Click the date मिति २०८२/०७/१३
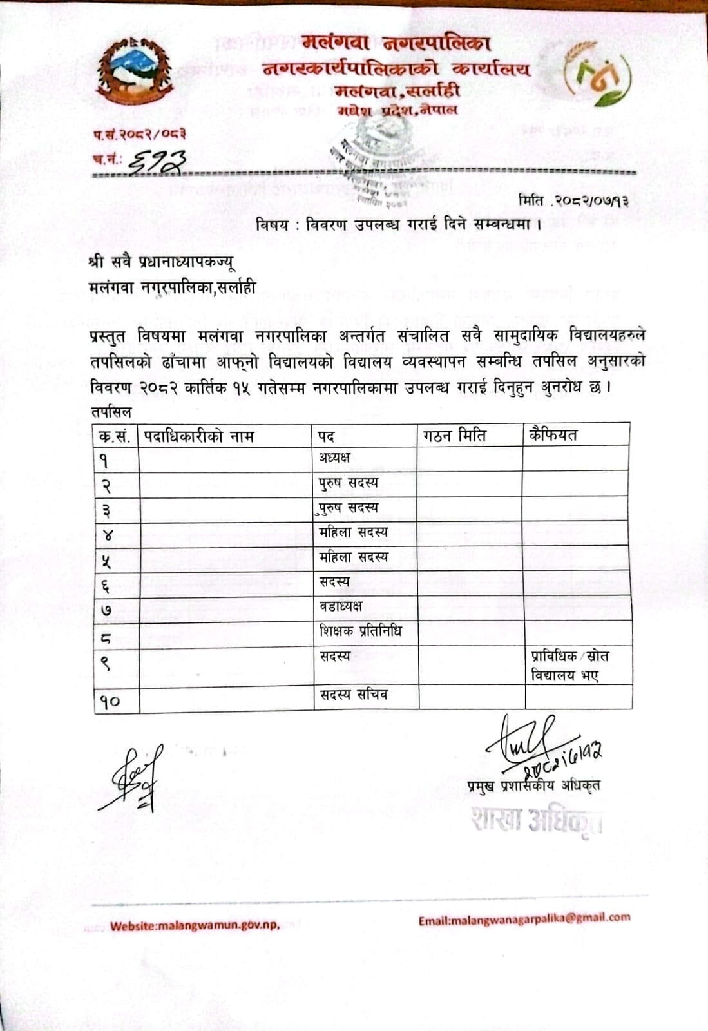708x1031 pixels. click(x=573, y=201)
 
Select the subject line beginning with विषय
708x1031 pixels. click(x=397, y=225)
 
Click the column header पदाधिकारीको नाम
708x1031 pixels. click(x=199, y=436)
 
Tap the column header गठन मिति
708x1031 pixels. click(x=455, y=436)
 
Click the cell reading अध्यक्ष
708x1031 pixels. click(x=335, y=458)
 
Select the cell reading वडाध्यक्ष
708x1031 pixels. click(x=341, y=606)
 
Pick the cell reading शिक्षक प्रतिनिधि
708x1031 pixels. click(x=360, y=631)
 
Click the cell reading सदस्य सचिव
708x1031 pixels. click(x=354, y=695)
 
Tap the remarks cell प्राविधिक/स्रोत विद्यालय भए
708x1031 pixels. click(x=569, y=666)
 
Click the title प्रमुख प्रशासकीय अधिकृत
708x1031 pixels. click(x=535, y=785)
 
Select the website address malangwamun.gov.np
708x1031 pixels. click(x=195, y=926)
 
